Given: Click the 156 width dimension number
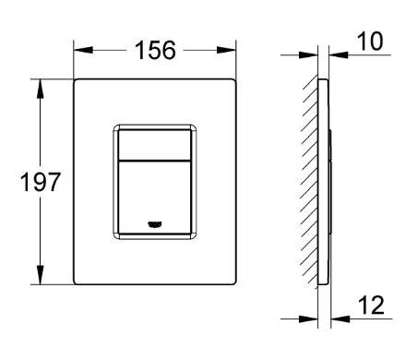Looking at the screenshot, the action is click(x=155, y=50).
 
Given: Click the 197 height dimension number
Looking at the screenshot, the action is click(x=41, y=182).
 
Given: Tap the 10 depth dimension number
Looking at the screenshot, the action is click(x=370, y=41).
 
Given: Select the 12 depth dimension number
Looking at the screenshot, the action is click(x=371, y=305).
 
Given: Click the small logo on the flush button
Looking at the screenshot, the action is click(x=155, y=224).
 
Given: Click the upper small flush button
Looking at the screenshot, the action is click(x=154, y=145).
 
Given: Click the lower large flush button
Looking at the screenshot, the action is click(x=154, y=198).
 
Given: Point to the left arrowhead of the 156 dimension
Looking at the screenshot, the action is click(x=83, y=50).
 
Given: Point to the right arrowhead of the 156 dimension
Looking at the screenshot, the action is click(x=226, y=50).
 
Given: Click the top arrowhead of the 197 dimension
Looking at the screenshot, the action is click(x=41, y=89).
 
